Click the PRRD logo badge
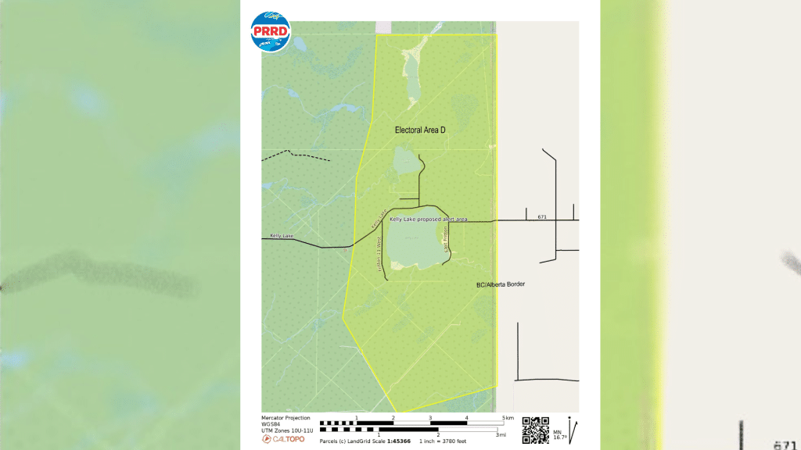(270, 33)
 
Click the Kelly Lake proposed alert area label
(429, 220)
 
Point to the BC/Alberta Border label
(501, 284)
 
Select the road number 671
(541, 216)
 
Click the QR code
(535, 430)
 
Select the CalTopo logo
(283, 439)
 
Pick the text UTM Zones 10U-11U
(287, 430)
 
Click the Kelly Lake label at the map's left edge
(282, 235)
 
